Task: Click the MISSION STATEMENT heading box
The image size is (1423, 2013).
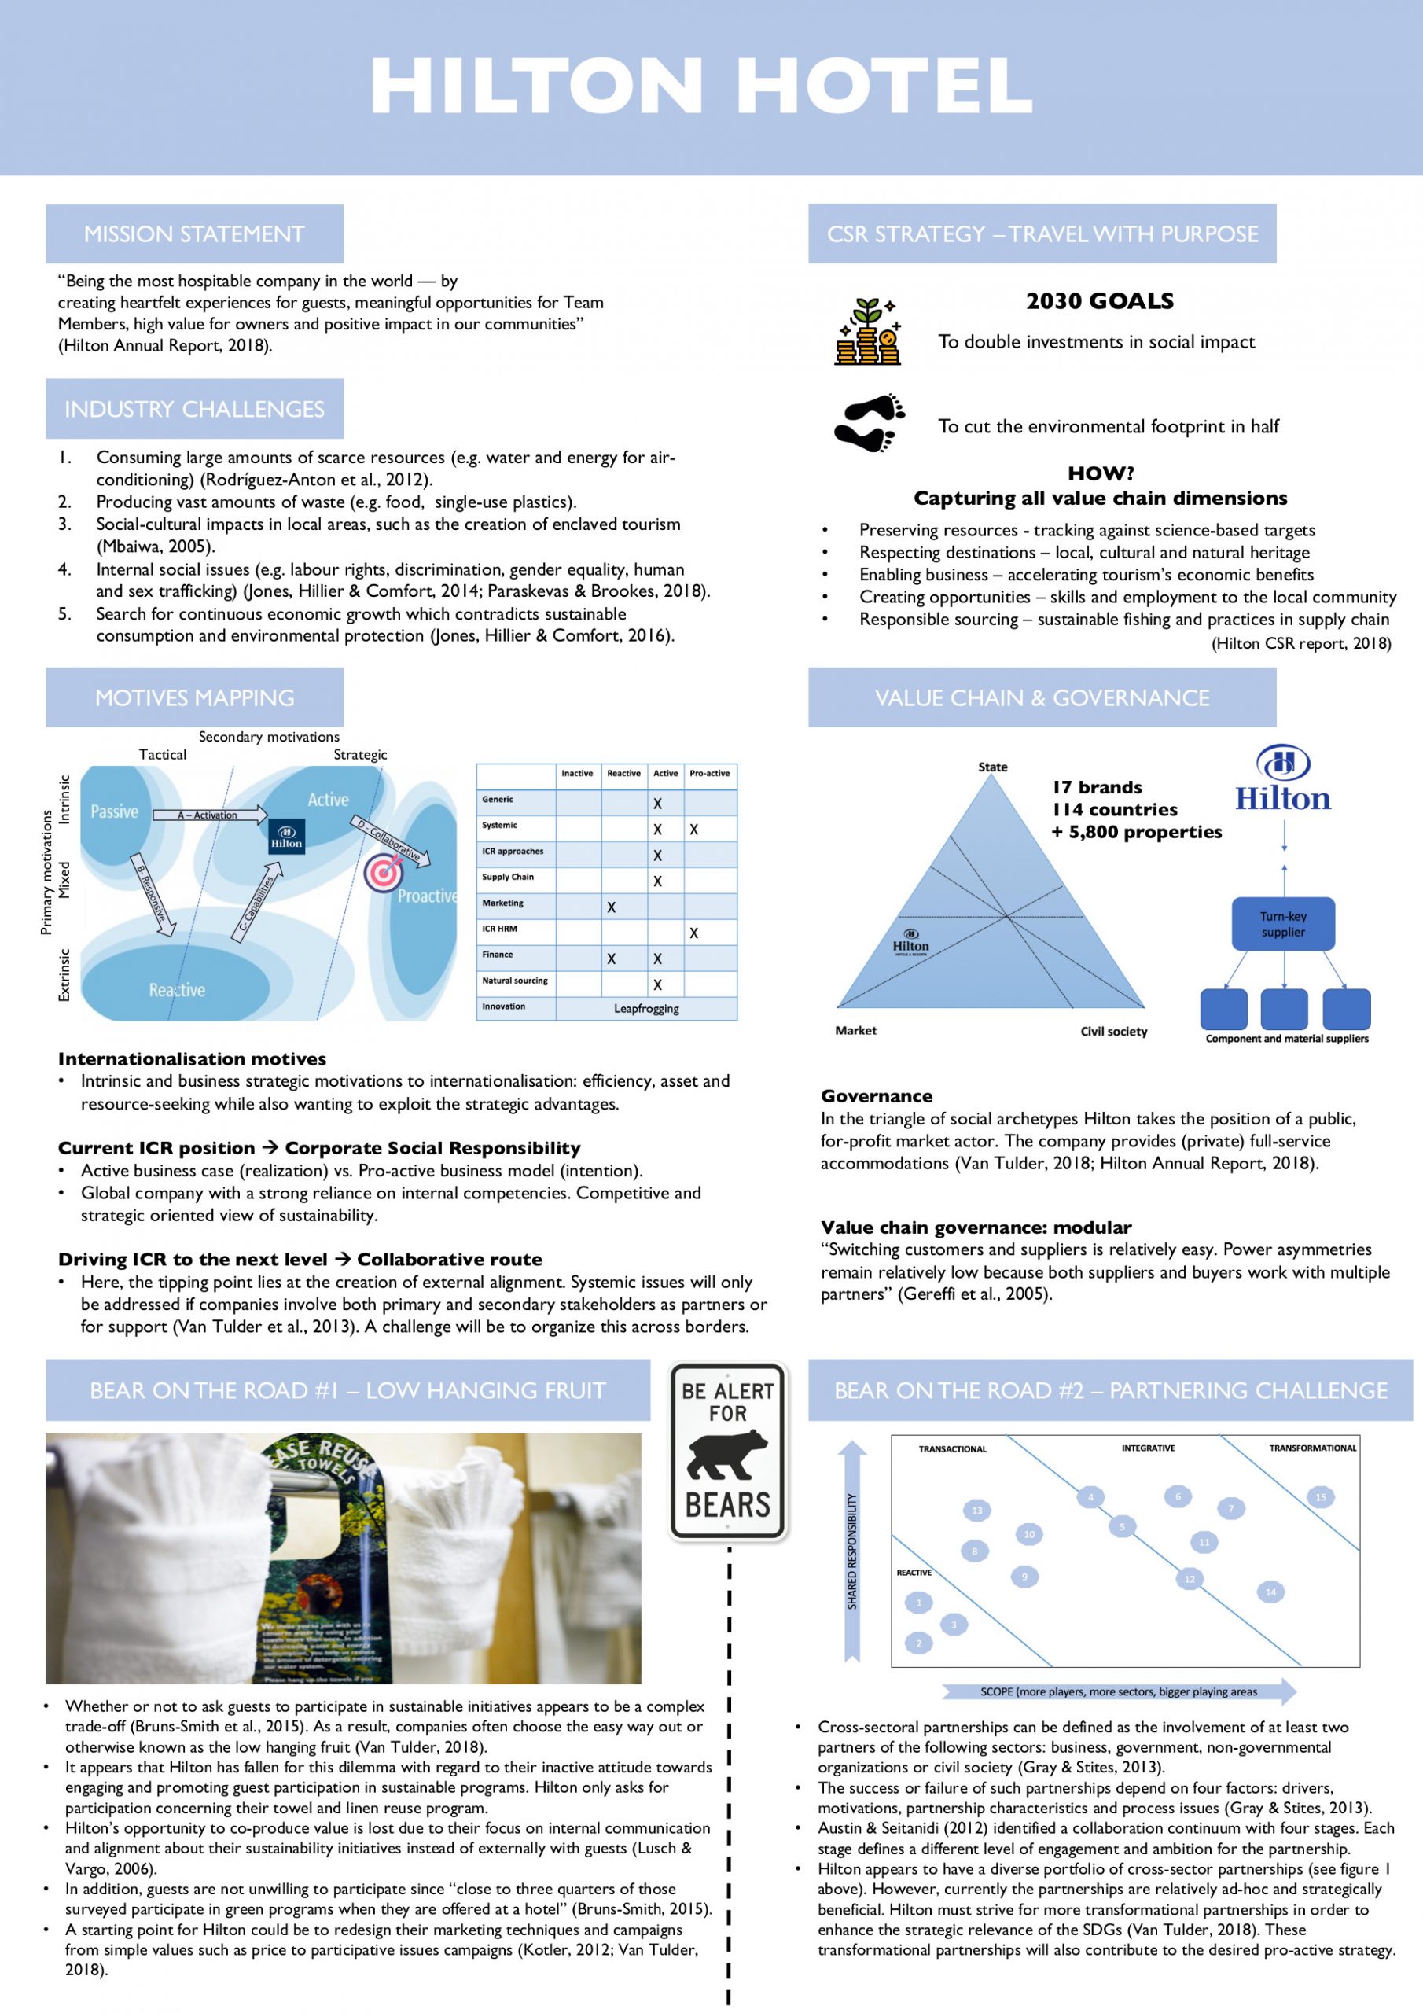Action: coord(193,234)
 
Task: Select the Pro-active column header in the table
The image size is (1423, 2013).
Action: coord(709,773)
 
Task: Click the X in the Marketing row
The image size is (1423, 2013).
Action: coord(611,907)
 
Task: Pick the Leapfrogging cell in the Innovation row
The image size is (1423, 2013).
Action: coord(646,1008)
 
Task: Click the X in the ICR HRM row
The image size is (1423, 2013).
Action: coord(693,933)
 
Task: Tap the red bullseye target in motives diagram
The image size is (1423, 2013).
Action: coord(383,871)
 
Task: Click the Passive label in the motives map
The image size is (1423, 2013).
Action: coord(115,811)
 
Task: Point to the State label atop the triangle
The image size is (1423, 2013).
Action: coord(992,767)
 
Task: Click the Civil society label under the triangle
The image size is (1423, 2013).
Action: coord(1113,1031)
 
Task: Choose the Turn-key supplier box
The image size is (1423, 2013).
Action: coord(1283,924)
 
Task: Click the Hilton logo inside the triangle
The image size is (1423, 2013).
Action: coord(911,943)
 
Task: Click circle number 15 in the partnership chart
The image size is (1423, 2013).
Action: coord(1319,1496)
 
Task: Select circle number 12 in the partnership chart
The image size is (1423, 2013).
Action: coord(1190,1579)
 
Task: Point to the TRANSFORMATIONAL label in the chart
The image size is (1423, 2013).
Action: coord(1311,1448)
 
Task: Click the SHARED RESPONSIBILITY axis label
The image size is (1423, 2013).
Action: coord(852,1552)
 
